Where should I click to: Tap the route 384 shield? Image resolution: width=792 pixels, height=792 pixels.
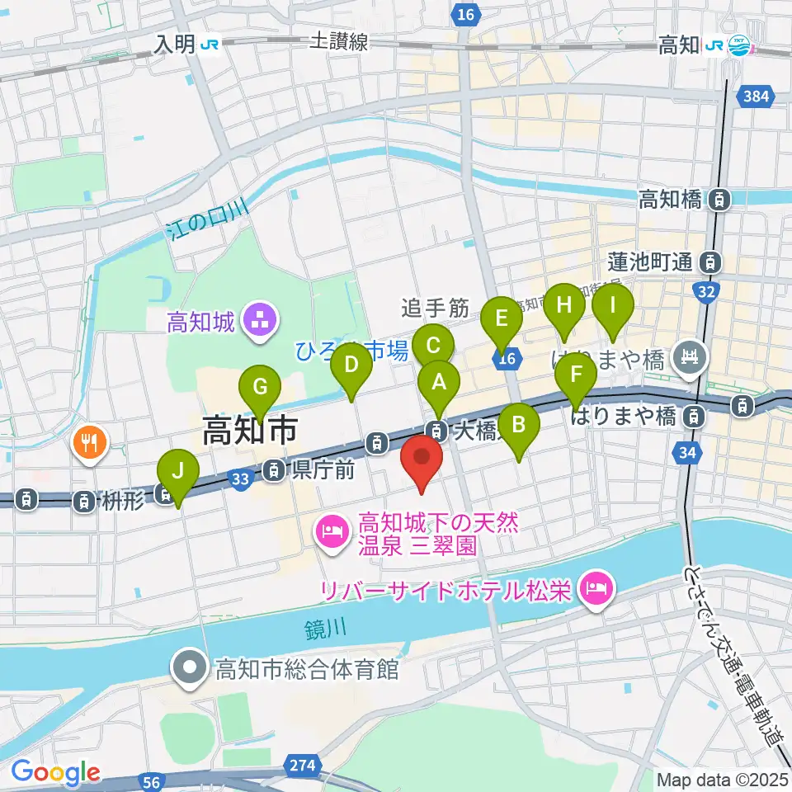pyautogui.click(x=758, y=98)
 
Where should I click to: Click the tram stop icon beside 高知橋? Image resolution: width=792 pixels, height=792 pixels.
pyautogui.click(x=720, y=199)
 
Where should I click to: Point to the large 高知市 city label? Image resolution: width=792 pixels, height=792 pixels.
pyautogui.click(x=249, y=431)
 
